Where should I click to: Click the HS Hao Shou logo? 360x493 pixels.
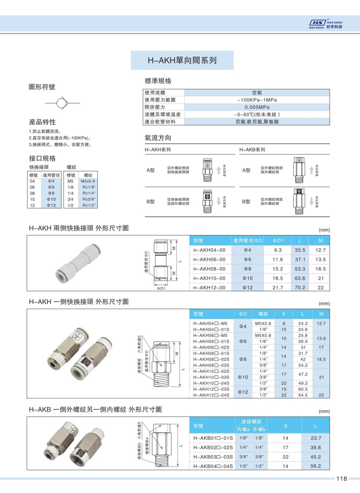click(x=326, y=24)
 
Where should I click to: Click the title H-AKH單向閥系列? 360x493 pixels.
click(x=182, y=60)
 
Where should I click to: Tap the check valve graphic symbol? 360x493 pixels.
click(x=62, y=103)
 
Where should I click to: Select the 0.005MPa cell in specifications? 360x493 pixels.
click(x=257, y=107)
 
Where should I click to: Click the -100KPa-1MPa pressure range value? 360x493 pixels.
click(x=257, y=100)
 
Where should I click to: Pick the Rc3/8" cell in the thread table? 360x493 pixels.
click(x=88, y=199)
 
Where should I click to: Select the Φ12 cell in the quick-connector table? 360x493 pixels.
click(x=51, y=205)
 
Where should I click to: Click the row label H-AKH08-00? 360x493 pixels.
click(x=209, y=269)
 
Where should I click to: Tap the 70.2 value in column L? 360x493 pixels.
click(x=300, y=287)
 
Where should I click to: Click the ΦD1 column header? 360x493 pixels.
click(x=278, y=240)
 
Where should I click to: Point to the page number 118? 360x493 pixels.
click(x=341, y=479)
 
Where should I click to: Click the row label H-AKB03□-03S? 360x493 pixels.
click(x=213, y=457)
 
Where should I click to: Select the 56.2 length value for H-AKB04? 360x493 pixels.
click(x=315, y=466)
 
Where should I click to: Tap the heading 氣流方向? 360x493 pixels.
click(x=158, y=138)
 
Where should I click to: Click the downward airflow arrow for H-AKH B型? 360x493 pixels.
click(x=219, y=202)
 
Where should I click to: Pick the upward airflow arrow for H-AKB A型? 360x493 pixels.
click(x=311, y=170)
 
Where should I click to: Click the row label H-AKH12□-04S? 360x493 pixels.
click(x=211, y=395)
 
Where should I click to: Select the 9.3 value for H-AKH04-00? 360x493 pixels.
click(x=278, y=250)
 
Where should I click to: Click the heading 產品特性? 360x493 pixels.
click(x=42, y=122)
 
